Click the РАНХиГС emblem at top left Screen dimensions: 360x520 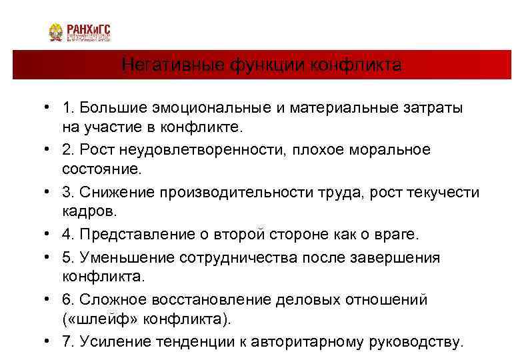[56, 32]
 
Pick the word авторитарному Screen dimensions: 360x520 [303, 342]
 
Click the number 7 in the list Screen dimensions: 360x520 [66, 342]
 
